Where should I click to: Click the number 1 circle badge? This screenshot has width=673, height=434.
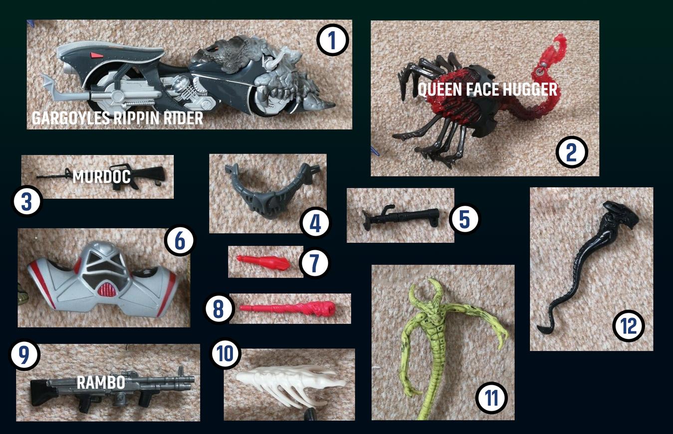pyautogui.click(x=332, y=40)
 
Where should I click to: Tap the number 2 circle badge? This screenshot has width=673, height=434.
pyautogui.click(x=571, y=152)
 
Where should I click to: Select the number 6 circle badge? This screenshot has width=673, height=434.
pyautogui.click(x=180, y=240)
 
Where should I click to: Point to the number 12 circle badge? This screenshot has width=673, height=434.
pyautogui.click(x=629, y=326)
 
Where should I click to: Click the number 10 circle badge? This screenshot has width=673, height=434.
pyautogui.click(x=225, y=353)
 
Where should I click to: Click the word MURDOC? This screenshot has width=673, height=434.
pyautogui.click(x=102, y=176)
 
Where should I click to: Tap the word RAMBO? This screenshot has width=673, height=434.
pyautogui.click(x=101, y=382)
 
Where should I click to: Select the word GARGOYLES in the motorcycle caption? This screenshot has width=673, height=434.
pyautogui.click(x=71, y=118)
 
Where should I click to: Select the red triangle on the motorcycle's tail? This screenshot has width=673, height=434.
pyautogui.click(x=96, y=55)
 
